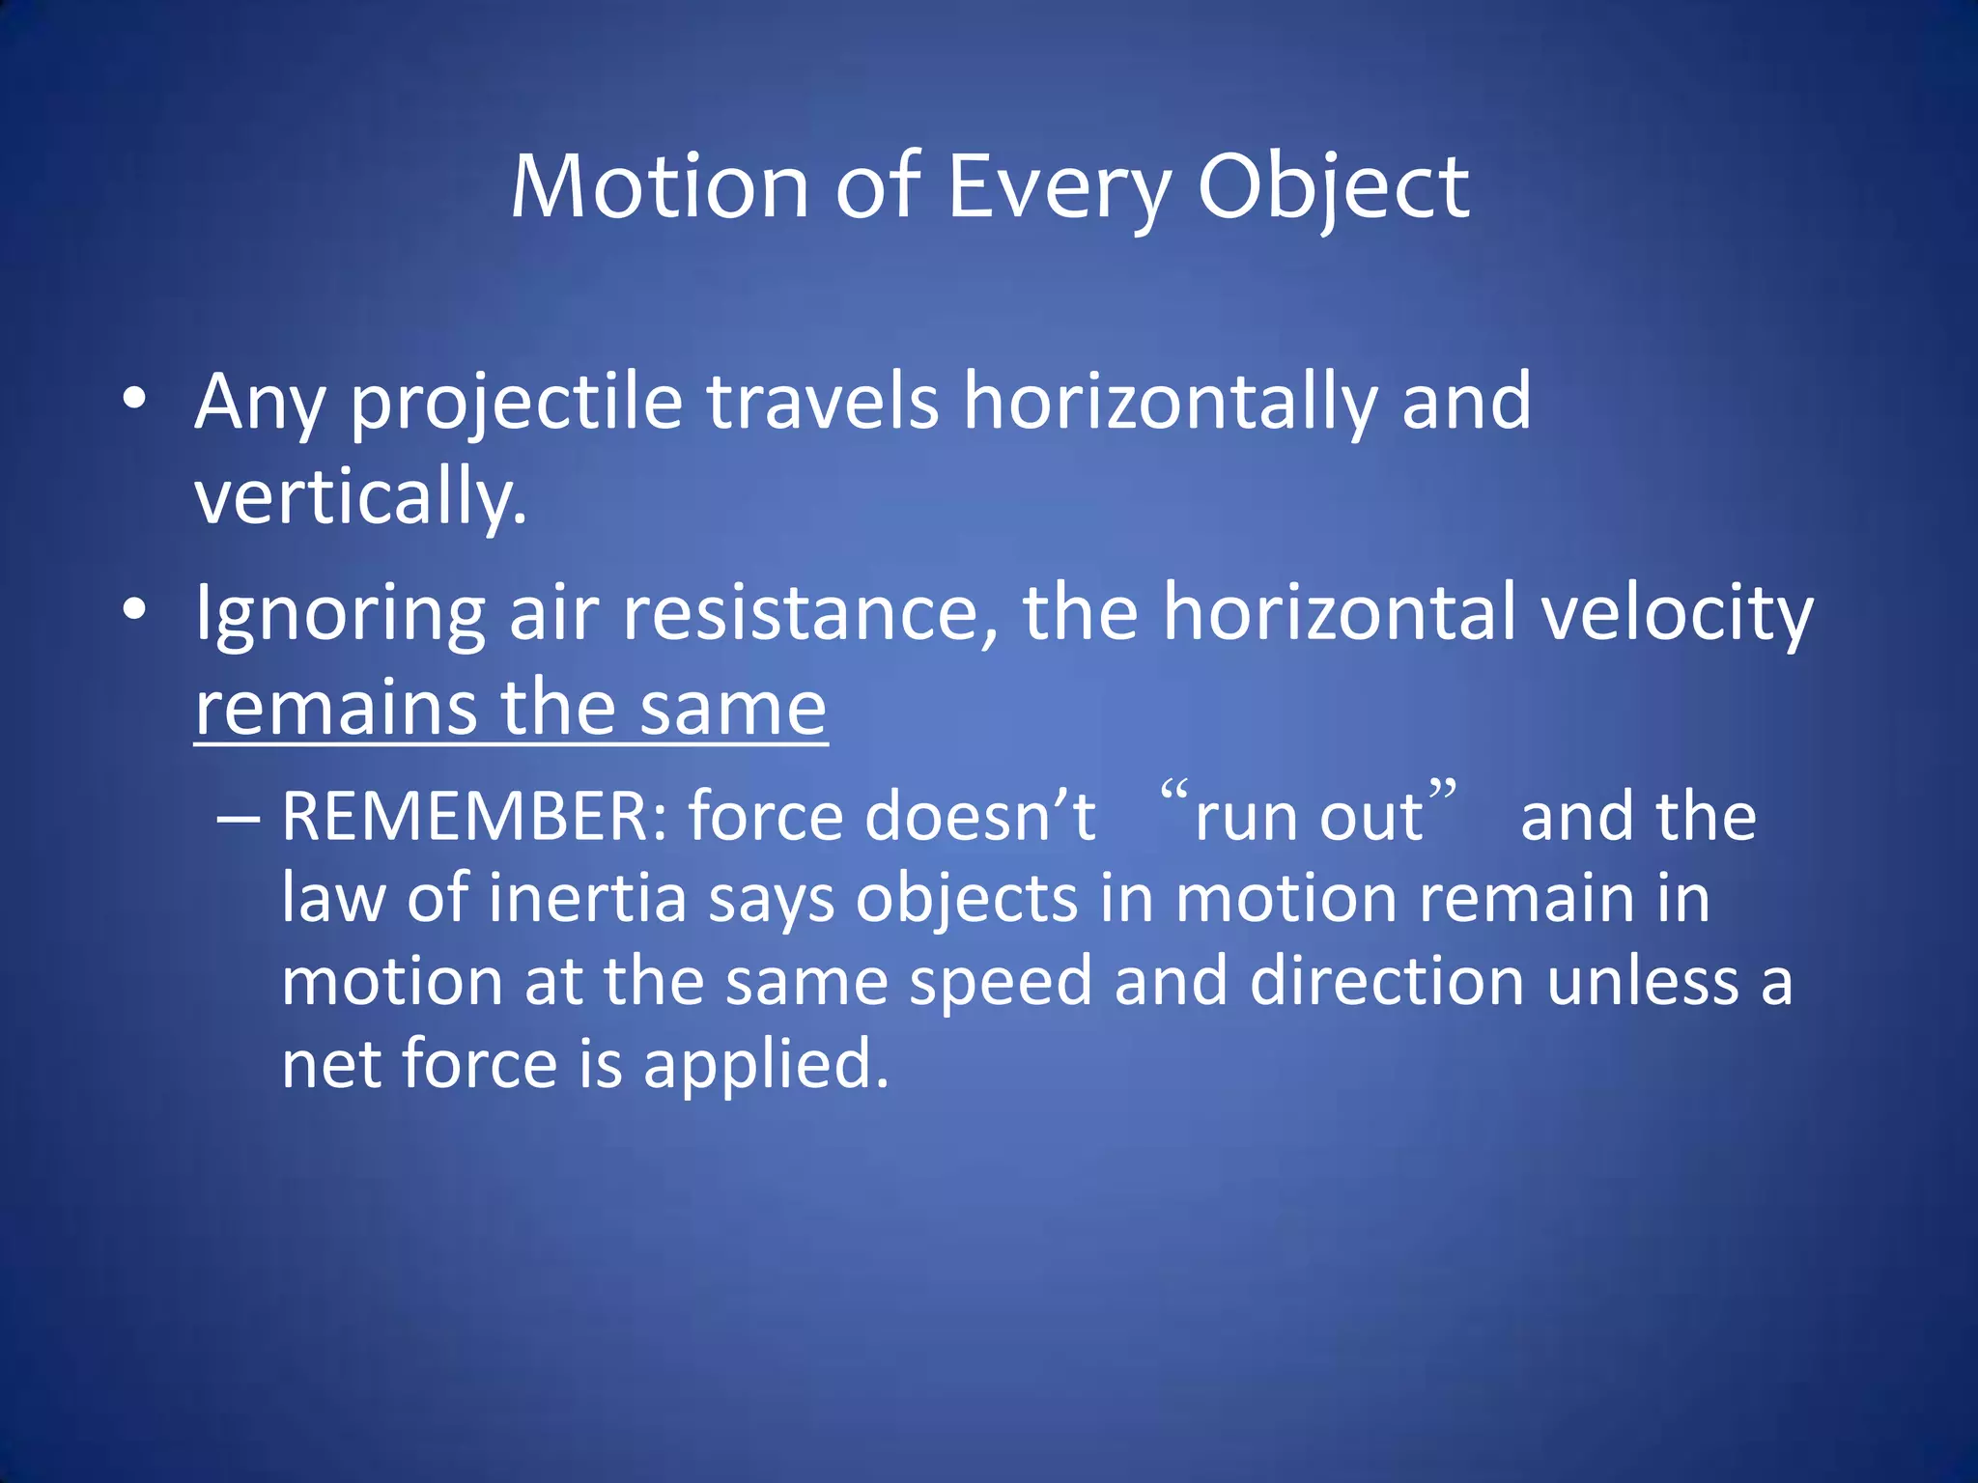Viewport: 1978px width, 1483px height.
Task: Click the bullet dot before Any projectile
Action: click(135, 398)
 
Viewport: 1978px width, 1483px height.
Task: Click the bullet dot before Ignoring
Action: click(135, 609)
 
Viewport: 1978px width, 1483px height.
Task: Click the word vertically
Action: click(360, 497)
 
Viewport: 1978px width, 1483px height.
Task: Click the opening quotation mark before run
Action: click(1174, 790)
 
